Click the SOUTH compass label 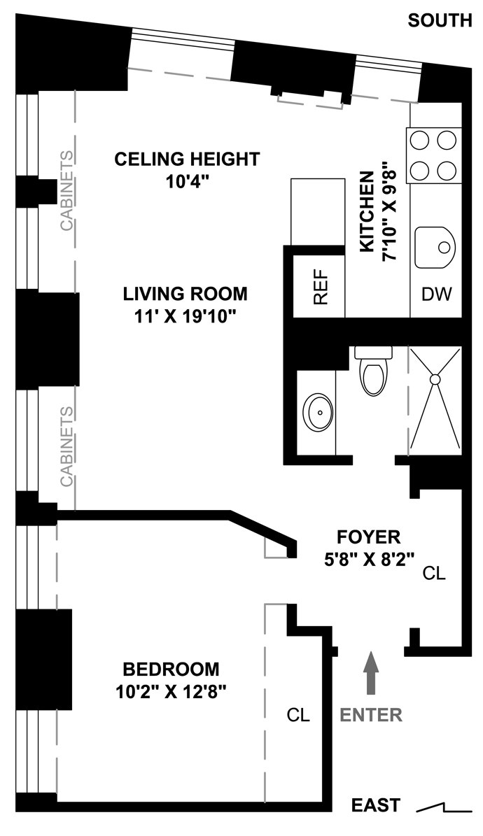point(440,21)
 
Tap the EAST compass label point(376,805)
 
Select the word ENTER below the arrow point(371,715)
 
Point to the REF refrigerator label point(320,287)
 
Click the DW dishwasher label point(437,294)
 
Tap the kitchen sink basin point(435,248)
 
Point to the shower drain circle point(435,380)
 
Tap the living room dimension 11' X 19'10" point(185,317)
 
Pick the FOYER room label point(369,537)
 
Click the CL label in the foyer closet point(434,573)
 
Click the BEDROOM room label point(171,669)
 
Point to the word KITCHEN point(367,212)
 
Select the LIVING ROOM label point(185,294)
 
